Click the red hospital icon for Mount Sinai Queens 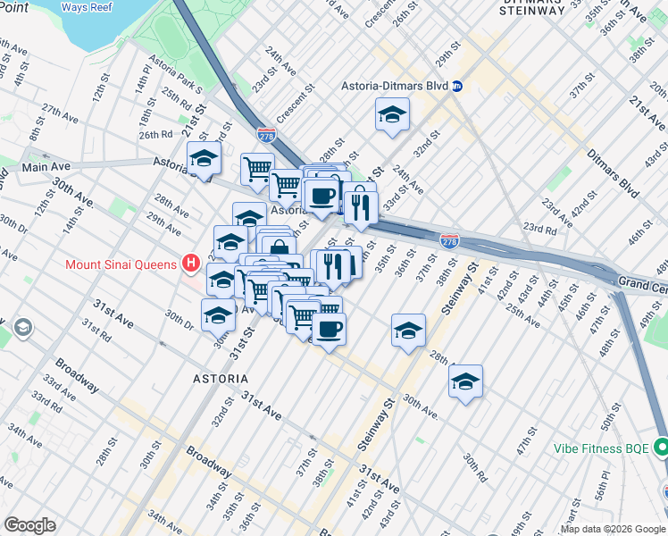pyautogui.click(x=190, y=264)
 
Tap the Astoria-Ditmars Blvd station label pyautogui.click(x=394, y=86)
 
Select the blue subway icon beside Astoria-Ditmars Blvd pyautogui.click(x=457, y=86)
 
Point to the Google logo pyautogui.click(x=29, y=524)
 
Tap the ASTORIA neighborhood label pyautogui.click(x=221, y=379)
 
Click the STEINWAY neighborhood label pyautogui.click(x=530, y=11)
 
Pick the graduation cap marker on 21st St pyautogui.click(x=204, y=160)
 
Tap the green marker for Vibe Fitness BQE pyautogui.click(x=662, y=446)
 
